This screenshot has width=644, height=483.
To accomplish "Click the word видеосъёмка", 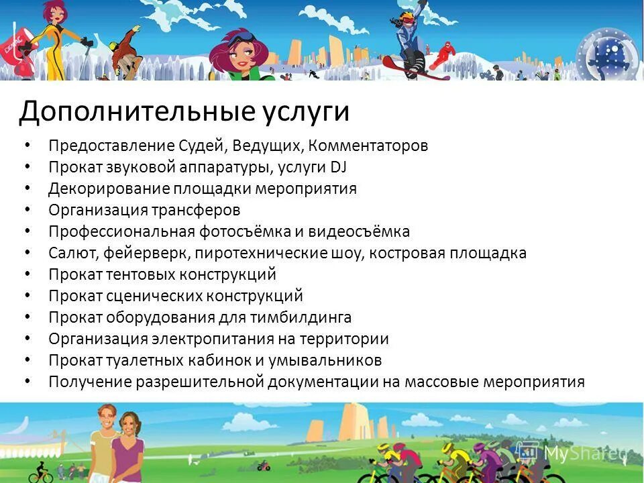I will click(359, 231).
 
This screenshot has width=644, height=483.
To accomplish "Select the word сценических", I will click(146, 296).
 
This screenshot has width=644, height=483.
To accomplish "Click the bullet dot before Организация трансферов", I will click(27, 210).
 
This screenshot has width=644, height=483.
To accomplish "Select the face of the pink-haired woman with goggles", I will click(240, 57).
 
